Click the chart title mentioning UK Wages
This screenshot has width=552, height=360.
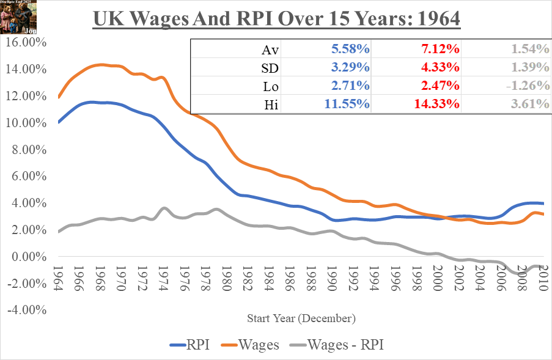[276, 20]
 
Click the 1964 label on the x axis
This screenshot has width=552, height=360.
[58, 279]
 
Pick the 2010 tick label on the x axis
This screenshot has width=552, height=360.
[543, 279]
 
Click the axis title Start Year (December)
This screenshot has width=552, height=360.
[301, 318]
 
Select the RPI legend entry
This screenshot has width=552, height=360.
[190, 345]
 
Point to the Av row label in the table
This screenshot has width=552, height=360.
[270, 49]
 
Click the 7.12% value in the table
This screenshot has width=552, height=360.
[437, 49]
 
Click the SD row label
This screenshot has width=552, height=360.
[270, 67]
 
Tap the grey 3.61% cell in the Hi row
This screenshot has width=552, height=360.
[527, 104]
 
